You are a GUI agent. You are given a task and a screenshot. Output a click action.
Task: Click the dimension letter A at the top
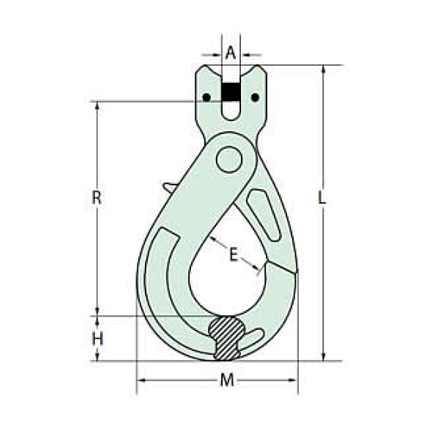(x=230, y=52)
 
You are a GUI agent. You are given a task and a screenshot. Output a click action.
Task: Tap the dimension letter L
(x=321, y=198)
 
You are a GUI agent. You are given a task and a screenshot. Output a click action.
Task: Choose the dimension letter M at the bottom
(x=226, y=381)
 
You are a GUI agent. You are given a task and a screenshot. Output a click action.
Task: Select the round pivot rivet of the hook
(x=230, y=160)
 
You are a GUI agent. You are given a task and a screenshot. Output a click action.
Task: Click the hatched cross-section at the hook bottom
(x=227, y=335)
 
